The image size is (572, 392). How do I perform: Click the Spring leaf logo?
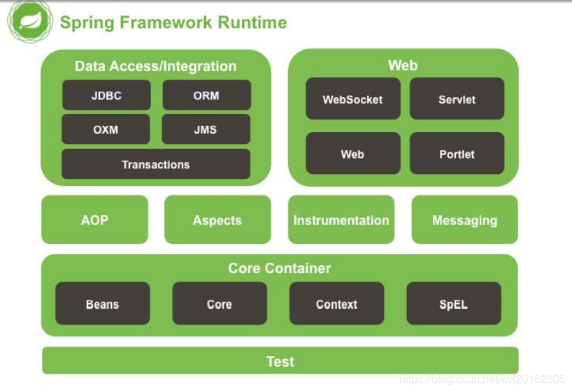pyautogui.click(x=30, y=22)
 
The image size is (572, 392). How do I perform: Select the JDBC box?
pyautogui.click(x=106, y=95)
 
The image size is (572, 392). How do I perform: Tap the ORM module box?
pyautogui.click(x=206, y=95)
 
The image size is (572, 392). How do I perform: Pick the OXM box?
pyautogui.click(x=106, y=129)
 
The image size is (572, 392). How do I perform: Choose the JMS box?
pyautogui.click(x=206, y=129)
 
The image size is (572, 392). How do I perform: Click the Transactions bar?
pyautogui.click(x=156, y=164)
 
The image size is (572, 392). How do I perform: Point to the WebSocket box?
pyautogui.click(x=352, y=99)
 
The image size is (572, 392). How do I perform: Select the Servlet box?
pyautogui.click(x=457, y=99)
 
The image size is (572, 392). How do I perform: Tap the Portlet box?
pyautogui.click(x=457, y=153)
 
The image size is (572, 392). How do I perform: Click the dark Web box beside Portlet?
pyautogui.click(x=352, y=153)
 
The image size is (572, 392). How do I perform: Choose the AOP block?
pyautogui.click(x=95, y=219)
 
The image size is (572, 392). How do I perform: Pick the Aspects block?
pyautogui.click(x=217, y=219)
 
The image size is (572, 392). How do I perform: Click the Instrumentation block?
pyautogui.click(x=341, y=219)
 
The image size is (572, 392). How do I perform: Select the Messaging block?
pyautogui.click(x=465, y=219)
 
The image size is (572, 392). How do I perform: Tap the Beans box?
pyautogui.click(x=103, y=303)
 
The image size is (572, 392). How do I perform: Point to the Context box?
pyautogui.click(x=337, y=303)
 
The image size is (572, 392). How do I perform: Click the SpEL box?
pyautogui.click(x=454, y=303)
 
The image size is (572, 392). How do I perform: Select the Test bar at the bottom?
pyautogui.click(x=280, y=361)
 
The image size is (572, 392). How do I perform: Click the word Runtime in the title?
pyautogui.click(x=252, y=22)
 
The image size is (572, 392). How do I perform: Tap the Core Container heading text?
pyautogui.click(x=280, y=268)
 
